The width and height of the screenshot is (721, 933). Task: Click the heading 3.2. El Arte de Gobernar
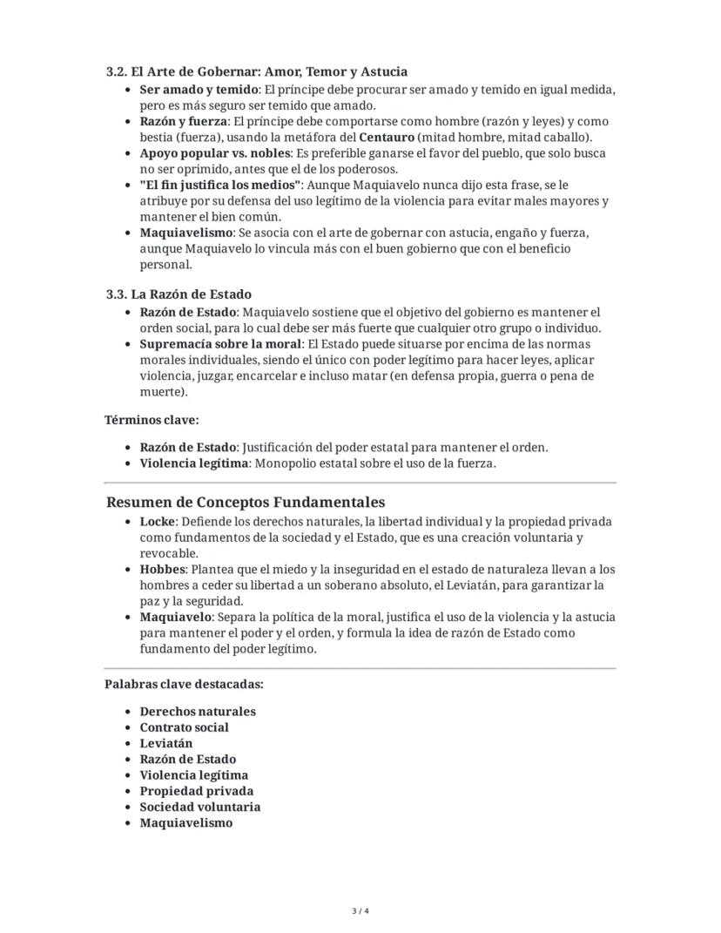[256, 71]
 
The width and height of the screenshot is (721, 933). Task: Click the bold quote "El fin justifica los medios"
[220, 186]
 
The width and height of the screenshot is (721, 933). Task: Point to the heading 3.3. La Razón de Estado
[179, 294]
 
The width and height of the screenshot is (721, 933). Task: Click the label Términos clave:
[152, 420]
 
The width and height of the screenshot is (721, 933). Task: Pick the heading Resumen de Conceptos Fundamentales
[245, 503]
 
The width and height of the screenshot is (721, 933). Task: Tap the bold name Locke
[158, 522]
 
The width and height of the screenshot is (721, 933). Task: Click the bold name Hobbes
[163, 570]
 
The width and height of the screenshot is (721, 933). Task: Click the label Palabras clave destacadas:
[184, 684]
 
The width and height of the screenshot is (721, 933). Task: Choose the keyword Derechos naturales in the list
[198, 712]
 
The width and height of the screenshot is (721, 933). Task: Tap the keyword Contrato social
[184, 727]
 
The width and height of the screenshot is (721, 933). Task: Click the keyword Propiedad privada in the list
[196, 791]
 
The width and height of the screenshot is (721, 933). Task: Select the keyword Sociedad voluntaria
[199, 807]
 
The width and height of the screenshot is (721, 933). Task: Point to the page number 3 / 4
[360, 911]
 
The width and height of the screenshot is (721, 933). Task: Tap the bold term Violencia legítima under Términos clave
[193, 463]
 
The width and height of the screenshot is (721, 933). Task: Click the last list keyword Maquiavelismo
[185, 822]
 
